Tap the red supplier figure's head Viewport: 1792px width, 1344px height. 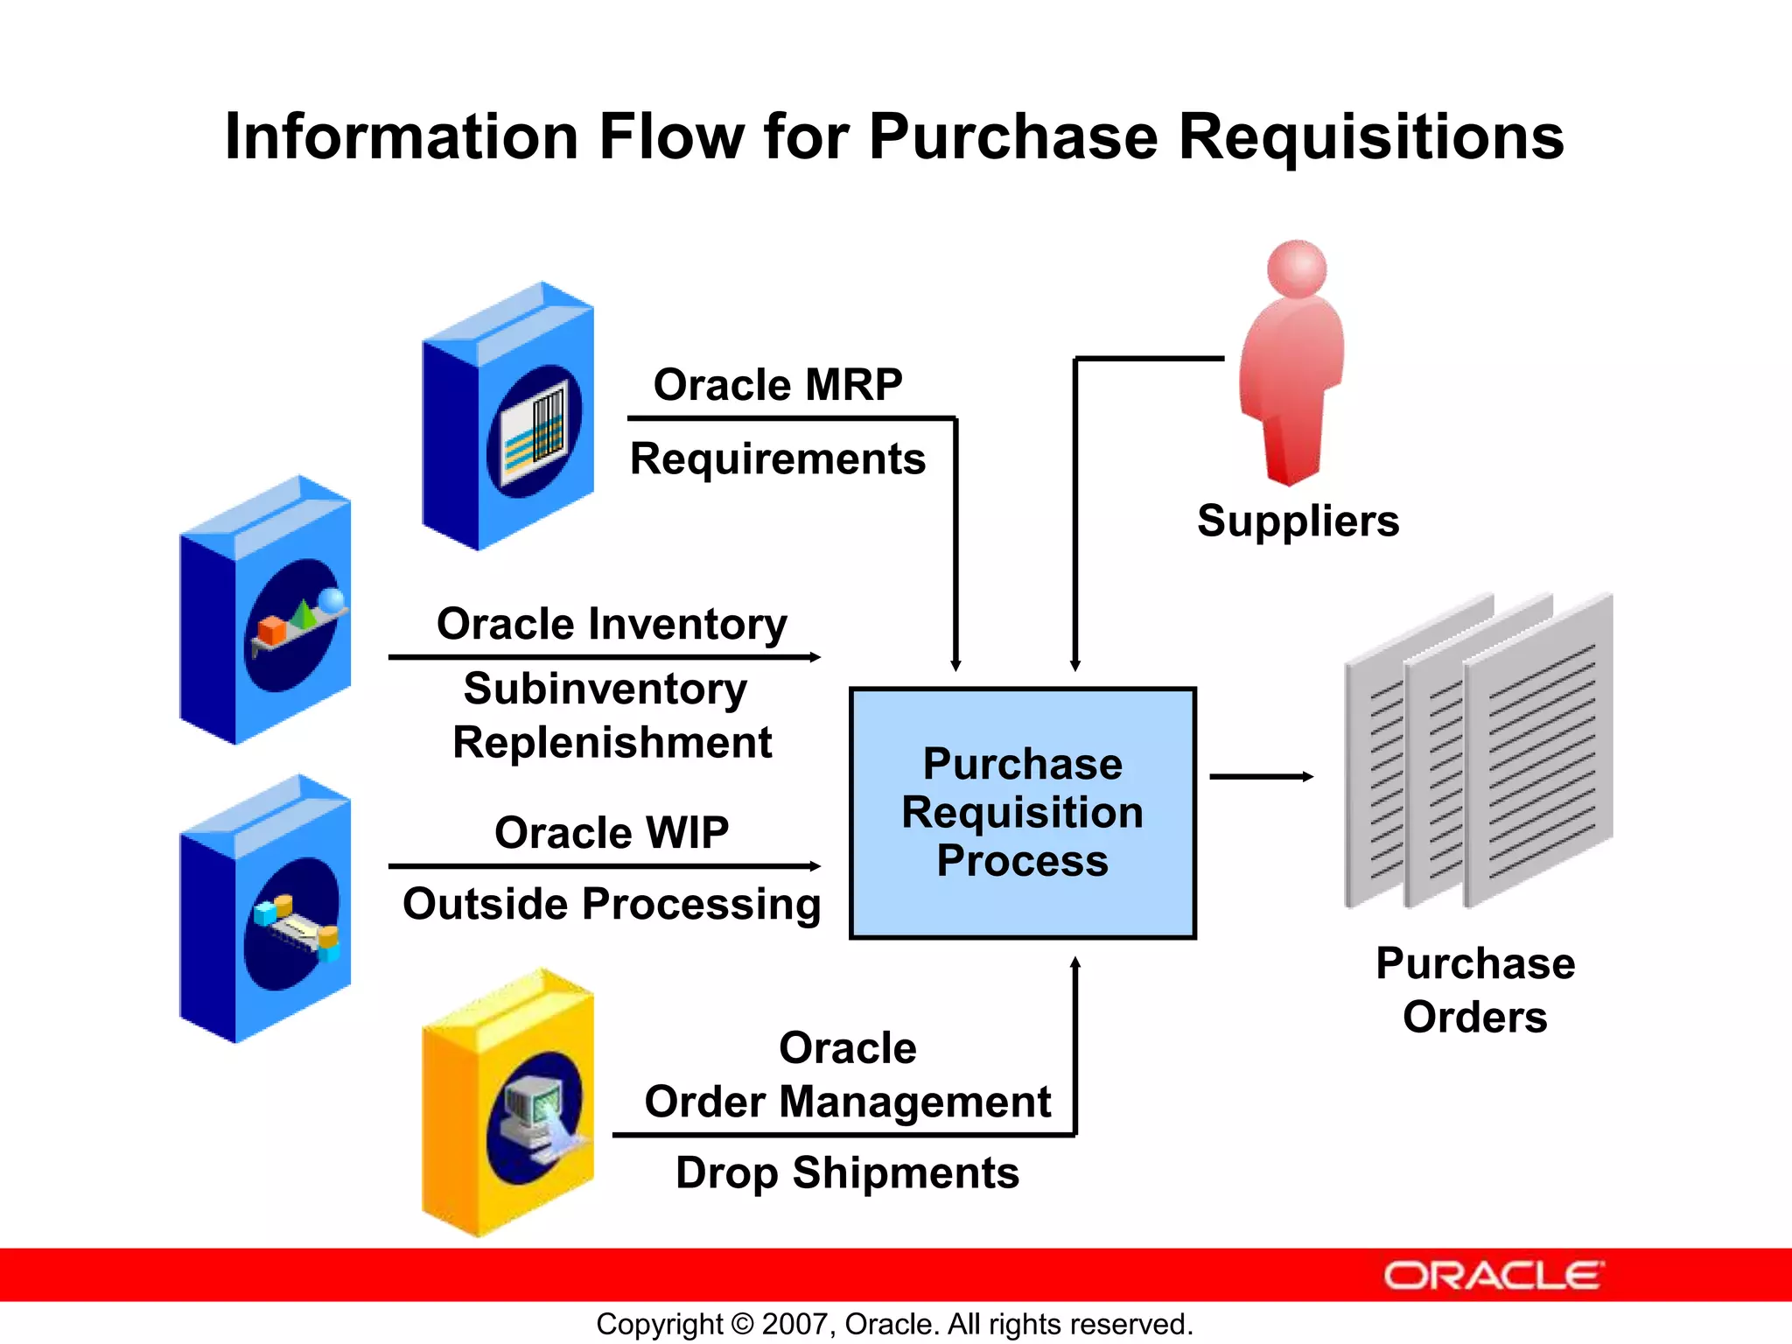point(1297,269)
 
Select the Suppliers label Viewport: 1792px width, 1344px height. point(1298,521)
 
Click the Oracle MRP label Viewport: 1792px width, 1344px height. point(778,385)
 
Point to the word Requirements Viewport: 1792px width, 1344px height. point(778,459)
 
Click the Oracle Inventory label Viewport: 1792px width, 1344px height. point(612,624)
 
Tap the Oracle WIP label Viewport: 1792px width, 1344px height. point(612,832)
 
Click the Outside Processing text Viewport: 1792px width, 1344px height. point(612,904)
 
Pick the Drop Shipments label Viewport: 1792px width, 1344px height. point(847,1172)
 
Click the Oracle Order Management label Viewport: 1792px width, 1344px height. point(847,1074)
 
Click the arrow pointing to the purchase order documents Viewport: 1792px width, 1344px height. point(1261,776)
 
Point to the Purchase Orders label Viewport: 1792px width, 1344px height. point(1475,990)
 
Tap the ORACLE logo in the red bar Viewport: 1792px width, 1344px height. point(1493,1276)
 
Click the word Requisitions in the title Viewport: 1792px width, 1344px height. point(1371,137)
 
